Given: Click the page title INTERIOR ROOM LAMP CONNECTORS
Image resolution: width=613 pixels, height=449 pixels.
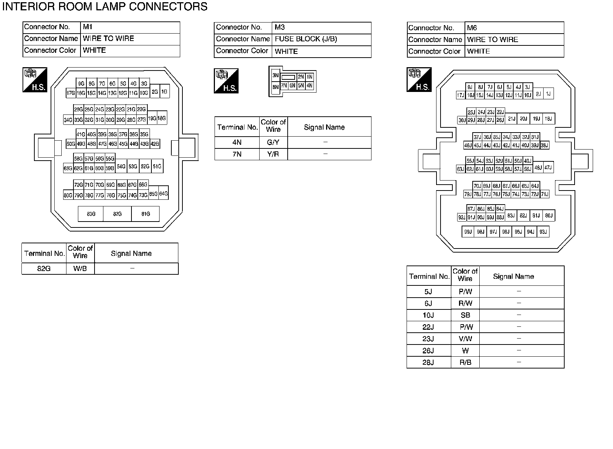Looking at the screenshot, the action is (105, 7).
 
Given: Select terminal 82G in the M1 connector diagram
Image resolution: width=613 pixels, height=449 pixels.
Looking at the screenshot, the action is (117, 214).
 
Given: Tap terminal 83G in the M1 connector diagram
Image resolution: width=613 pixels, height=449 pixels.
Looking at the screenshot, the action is (91, 214).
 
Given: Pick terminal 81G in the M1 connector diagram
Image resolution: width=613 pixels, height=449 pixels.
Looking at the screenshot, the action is (145, 214).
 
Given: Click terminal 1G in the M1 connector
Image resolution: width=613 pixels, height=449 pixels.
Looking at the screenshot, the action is (164, 91).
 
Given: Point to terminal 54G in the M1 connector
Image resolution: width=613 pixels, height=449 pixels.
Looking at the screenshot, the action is (121, 167).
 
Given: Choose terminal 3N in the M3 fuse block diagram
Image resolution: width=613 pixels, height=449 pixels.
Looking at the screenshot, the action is (275, 75).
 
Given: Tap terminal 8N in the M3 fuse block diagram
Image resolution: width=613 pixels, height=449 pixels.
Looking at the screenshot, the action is (275, 88).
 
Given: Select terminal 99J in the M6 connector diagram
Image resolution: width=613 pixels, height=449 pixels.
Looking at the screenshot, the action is (468, 232).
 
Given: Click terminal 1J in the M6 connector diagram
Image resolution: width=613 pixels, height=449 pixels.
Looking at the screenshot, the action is (548, 94).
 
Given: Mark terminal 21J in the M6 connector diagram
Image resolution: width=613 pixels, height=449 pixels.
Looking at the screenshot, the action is (511, 119).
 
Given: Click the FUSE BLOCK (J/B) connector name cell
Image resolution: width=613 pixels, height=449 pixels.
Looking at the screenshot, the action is (321, 39).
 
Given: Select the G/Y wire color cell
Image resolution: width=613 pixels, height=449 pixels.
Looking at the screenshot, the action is (273, 142).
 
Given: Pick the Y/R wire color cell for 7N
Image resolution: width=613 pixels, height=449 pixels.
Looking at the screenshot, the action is (273, 154).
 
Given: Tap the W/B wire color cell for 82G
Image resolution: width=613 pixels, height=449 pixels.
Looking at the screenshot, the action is (80, 268).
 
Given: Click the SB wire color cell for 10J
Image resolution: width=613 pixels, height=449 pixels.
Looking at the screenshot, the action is (465, 315).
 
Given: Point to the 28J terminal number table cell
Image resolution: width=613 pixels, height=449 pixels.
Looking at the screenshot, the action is (428, 362).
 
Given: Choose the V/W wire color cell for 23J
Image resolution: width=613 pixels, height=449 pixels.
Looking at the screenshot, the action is (465, 339).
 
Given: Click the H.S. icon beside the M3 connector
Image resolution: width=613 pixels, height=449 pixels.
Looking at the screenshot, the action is (226, 81).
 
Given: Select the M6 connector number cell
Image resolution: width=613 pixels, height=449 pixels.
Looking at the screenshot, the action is (514, 28).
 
